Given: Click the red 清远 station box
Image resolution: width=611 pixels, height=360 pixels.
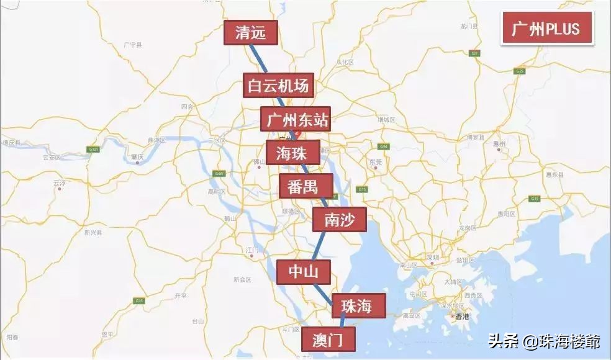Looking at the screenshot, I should [251, 33].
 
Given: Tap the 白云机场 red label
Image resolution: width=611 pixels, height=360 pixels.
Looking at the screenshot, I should [277, 86].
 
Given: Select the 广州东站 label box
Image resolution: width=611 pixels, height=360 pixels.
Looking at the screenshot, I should [294, 119].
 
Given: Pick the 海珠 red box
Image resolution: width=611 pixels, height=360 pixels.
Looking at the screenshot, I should [293, 152].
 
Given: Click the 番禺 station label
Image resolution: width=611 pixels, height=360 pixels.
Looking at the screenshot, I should [306, 186].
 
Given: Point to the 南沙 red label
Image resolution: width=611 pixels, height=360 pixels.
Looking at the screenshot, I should [340, 219].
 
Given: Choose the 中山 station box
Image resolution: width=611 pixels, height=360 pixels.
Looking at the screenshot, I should [304, 272].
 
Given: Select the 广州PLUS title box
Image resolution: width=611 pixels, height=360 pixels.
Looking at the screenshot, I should [546, 29].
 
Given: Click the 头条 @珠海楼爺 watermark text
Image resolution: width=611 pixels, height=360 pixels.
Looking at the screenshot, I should [543, 342].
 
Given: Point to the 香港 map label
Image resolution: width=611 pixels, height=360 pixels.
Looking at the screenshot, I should [463, 316].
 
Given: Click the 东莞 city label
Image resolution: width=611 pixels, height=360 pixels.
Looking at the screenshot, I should [376, 162].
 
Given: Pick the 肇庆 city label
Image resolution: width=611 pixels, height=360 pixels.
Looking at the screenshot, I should [138, 156].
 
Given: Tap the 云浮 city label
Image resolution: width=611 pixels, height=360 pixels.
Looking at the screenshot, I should [60, 183].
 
